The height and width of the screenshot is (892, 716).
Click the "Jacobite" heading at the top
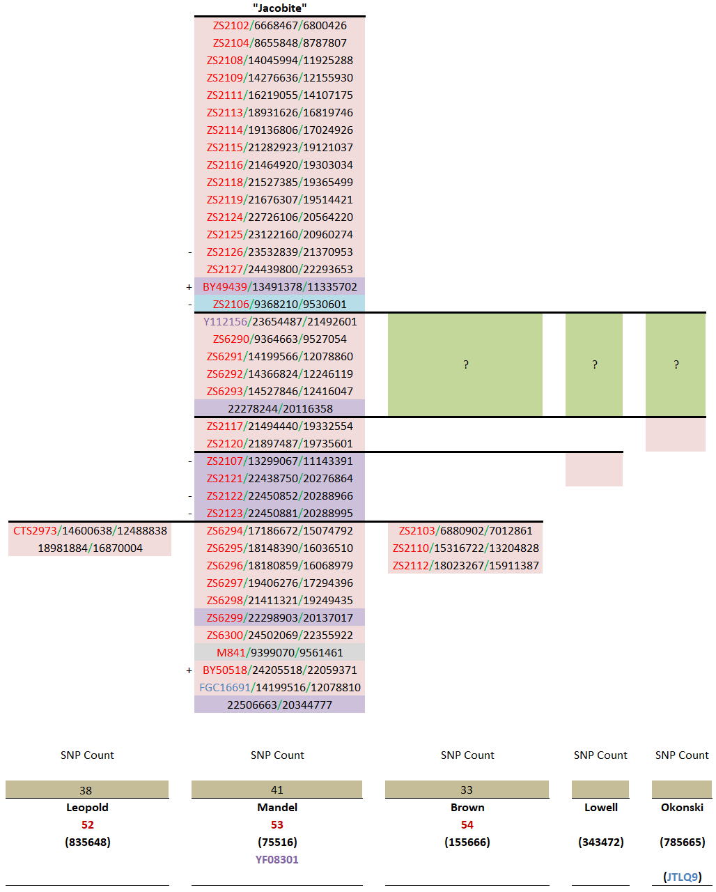tap(279, 8)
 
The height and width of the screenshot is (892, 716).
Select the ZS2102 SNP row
tap(279, 26)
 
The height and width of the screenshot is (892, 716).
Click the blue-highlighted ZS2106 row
tap(279, 305)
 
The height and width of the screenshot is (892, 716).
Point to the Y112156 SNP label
tap(225, 322)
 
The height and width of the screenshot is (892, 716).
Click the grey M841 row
tap(279, 653)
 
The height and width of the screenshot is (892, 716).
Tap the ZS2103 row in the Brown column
tap(465, 531)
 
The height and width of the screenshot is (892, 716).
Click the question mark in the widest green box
tap(465, 364)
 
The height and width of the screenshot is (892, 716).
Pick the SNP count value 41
tap(277, 790)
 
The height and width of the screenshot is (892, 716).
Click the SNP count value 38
tap(86, 790)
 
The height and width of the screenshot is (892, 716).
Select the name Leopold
tap(87, 808)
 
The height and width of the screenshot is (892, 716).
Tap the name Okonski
tap(682, 808)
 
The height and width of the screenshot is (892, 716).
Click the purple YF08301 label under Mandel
tap(277, 860)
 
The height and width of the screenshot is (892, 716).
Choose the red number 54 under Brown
tap(467, 825)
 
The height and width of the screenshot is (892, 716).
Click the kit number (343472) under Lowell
tap(600, 843)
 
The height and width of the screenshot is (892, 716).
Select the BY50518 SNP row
tap(279, 670)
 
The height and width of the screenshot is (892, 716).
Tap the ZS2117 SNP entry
tap(279, 426)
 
